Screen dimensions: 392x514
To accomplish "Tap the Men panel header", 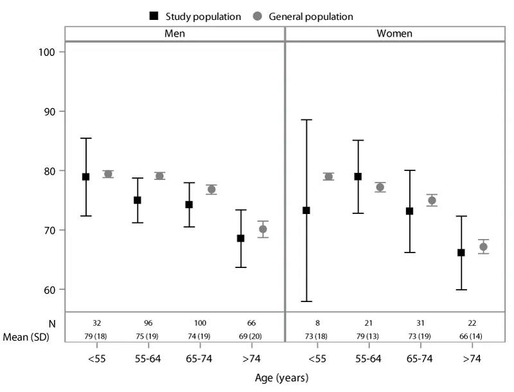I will coord(174,33).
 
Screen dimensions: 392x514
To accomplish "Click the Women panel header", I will coord(394,33).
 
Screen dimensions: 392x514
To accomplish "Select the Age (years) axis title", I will coord(281,378).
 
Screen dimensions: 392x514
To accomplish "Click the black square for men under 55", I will coord(85,177).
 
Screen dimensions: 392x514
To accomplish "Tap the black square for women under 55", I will coord(306,210).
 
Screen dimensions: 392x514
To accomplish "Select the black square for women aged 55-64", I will coord(358,177).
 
